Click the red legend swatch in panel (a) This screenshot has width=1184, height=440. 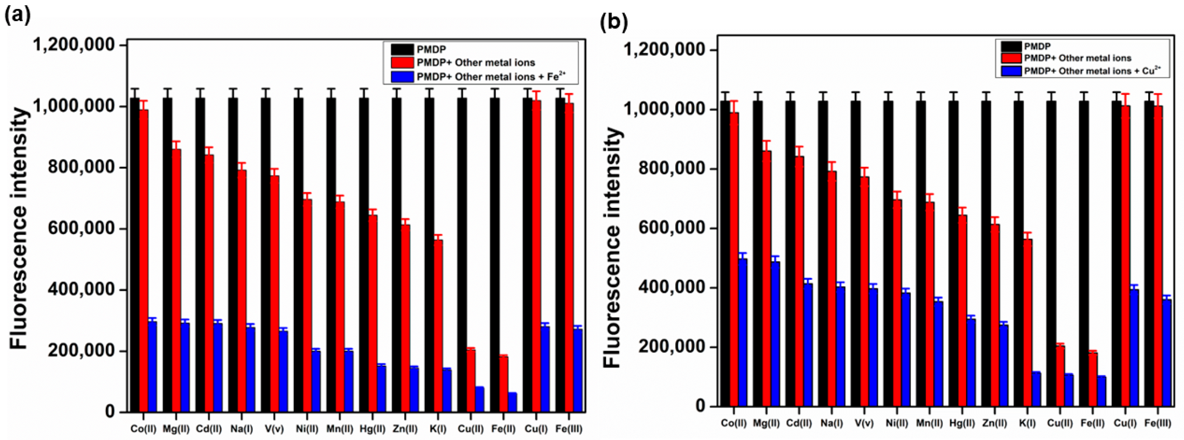(402, 63)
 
